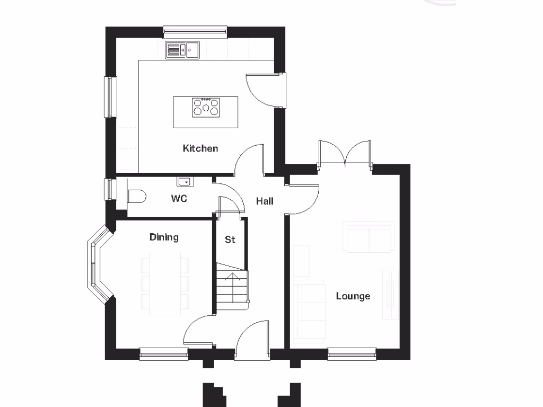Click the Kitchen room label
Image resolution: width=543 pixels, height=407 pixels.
coord(200,148)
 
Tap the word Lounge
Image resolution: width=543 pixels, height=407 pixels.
coord(353,296)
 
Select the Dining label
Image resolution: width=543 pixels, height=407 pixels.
coord(164,237)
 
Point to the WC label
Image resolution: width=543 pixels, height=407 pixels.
coord(179,199)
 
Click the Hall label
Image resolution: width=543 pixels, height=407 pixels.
coord(265,201)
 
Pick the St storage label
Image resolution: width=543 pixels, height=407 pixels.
coord(230,240)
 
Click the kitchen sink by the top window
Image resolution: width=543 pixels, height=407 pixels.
coord(182,50)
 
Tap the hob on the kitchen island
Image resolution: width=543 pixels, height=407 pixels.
coord(206,108)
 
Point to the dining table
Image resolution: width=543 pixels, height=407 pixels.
coord(165,284)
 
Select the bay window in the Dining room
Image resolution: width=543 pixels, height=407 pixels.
coord(96,264)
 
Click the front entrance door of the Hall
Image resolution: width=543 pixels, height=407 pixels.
coord(252,342)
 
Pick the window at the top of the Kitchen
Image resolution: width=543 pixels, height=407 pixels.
coord(195,32)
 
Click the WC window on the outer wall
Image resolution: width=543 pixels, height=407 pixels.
coord(110,189)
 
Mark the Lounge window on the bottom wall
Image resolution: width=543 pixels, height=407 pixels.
coord(352,353)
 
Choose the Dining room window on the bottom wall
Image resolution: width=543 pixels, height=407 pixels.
coord(163,353)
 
